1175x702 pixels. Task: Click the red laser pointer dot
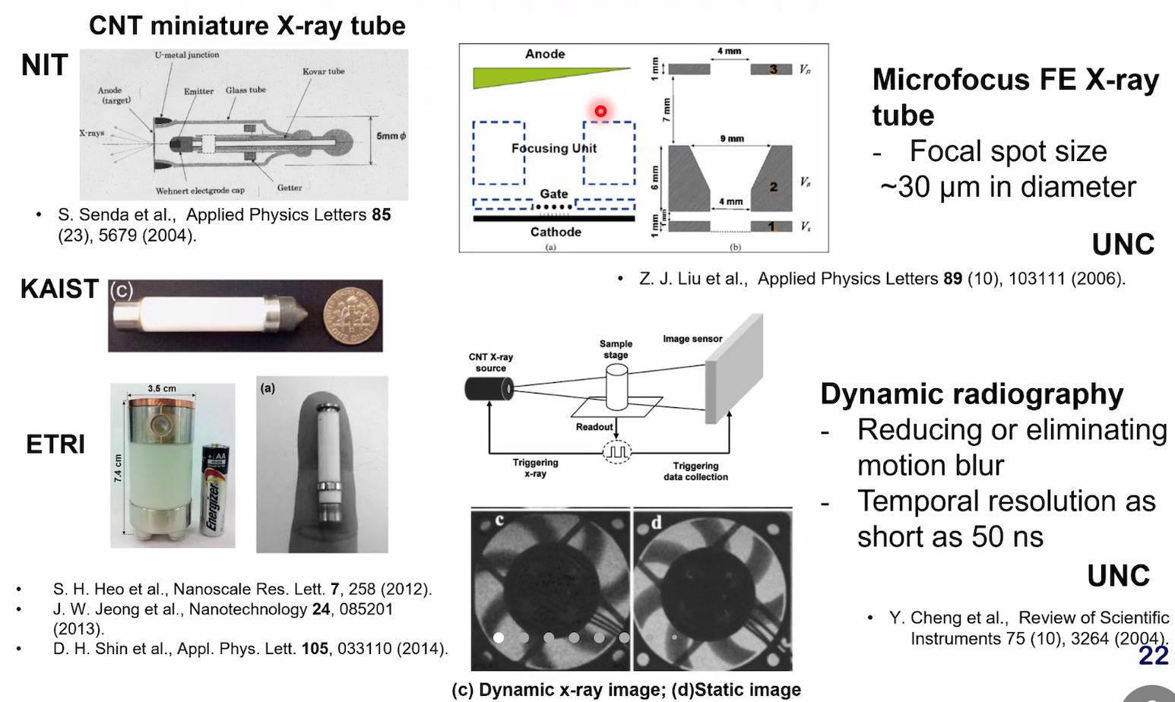600,111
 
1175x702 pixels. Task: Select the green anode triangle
532,77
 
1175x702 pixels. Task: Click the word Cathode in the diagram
556,232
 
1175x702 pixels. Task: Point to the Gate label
554,194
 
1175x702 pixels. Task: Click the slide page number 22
1153,656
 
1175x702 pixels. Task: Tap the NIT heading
45,65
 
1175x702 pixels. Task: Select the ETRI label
55,444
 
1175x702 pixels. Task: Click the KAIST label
59,289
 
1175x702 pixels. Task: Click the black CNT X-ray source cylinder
487,389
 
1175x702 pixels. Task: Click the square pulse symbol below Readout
616,451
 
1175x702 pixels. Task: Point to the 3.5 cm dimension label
162,388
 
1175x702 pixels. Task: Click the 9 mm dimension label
732,138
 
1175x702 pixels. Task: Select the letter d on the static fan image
656,522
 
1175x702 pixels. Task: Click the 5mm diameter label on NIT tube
391,136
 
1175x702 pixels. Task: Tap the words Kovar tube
323,71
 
